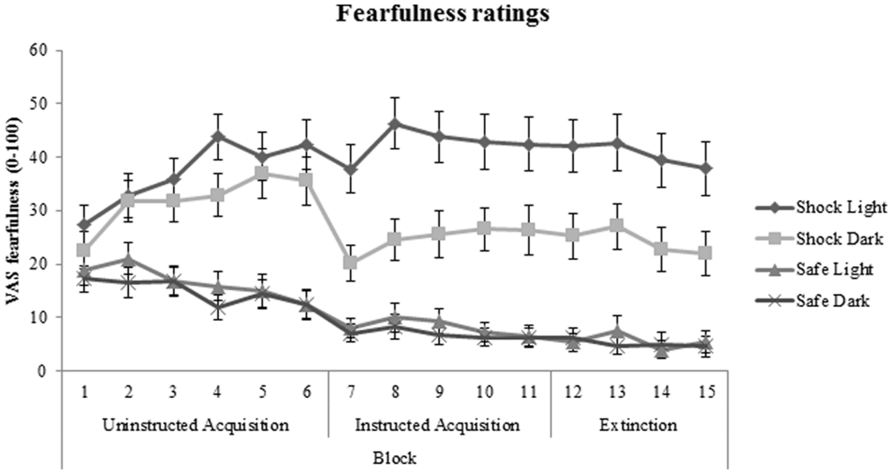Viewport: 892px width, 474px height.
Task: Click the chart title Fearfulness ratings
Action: (443, 14)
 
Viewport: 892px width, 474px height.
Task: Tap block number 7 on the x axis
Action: (351, 392)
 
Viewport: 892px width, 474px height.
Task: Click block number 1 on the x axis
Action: (85, 392)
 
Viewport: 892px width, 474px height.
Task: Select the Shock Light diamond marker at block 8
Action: (395, 124)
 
